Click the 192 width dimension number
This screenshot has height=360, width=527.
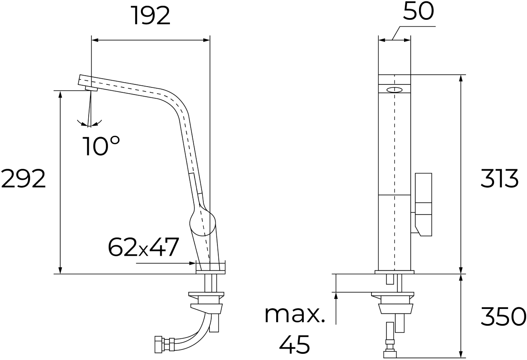[152, 16]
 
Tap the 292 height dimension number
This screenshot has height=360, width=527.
[23, 178]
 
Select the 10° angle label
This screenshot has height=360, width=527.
[101, 146]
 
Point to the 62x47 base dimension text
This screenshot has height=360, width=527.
[143, 247]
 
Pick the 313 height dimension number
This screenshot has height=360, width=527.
[499, 178]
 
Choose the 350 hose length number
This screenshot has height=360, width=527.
[503, 316]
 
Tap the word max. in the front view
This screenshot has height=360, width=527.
[295, 315]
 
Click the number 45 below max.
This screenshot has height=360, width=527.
[295, 345]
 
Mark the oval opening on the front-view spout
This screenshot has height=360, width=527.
[394, 90]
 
